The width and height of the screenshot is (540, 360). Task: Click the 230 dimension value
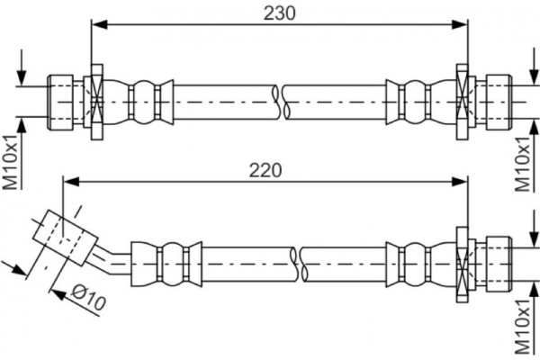(280, 13)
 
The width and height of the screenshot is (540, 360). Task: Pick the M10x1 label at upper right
(522, 165)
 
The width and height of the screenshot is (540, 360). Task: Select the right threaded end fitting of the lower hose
(493, 261)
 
